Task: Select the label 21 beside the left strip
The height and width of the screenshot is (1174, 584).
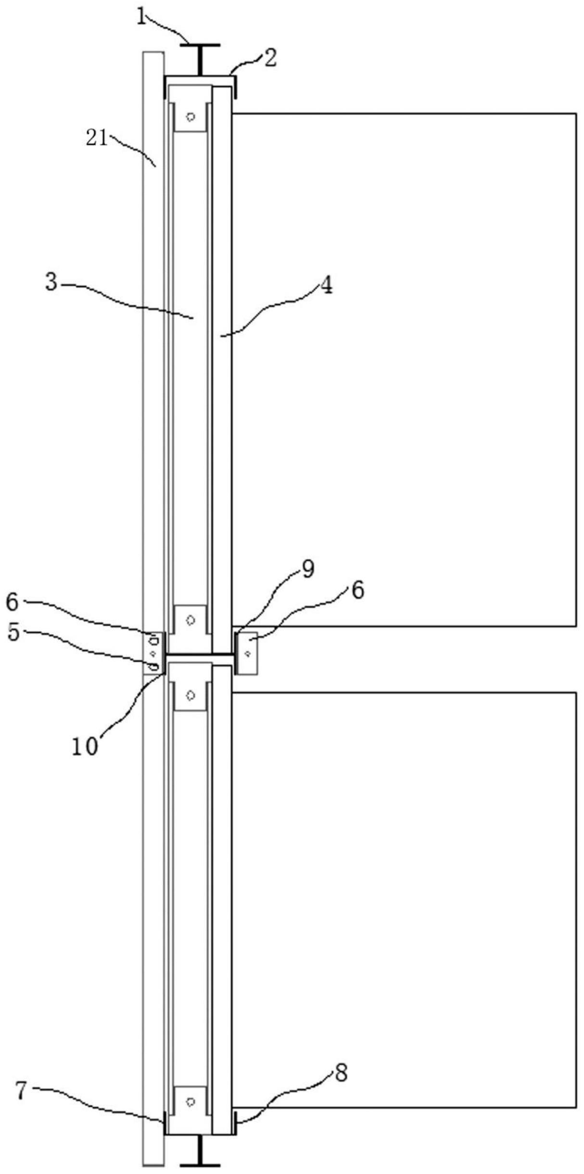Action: [96, 138]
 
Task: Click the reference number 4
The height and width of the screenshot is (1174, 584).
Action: [326, 287]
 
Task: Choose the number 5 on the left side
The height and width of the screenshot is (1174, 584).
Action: [13, 633]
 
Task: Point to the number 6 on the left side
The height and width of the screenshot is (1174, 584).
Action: [13, 603]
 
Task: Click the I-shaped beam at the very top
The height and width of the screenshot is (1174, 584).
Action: [200, 59]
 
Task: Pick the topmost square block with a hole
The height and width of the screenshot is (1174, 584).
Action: [191, 116]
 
